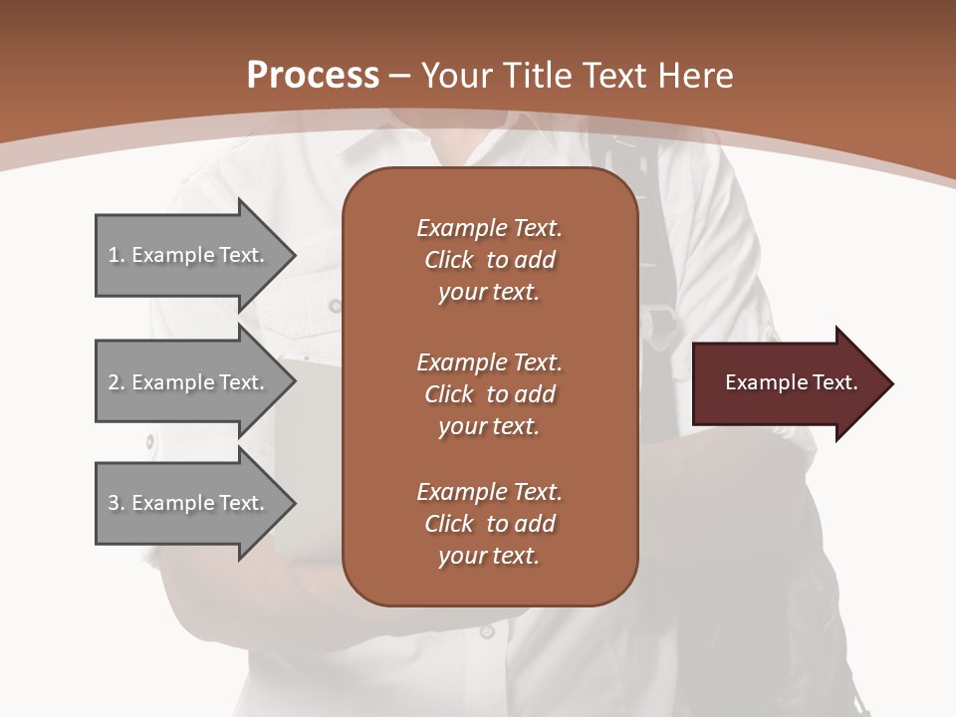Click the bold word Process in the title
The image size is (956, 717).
[313, 76]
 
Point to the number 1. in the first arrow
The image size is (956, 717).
[117, 255]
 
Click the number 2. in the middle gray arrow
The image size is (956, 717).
[117, 382]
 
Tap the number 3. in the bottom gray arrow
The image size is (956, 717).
[117, 503]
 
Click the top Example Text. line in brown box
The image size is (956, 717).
[489, 228]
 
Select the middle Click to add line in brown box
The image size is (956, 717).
[489, 394]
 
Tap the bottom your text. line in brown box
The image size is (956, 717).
[489, 557]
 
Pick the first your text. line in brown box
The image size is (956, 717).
[489, 293]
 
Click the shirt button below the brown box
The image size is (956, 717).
[487, 631]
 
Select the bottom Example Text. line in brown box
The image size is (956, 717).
[489, 492]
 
